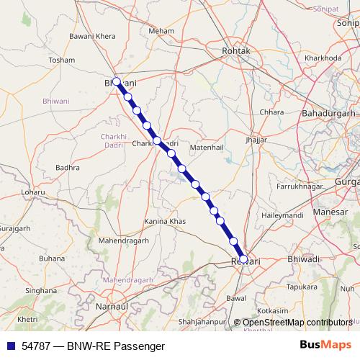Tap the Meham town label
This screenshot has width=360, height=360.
click(x=161, y=32)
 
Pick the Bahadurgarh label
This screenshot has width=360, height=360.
click(x=329, y=114)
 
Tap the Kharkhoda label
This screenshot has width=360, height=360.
click(x=323, y=58)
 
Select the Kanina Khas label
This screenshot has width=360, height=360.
click(x=165, y=221)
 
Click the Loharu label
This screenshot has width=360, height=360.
click(x=32, y=192)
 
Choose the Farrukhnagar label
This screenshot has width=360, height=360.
click(x=287, y=186)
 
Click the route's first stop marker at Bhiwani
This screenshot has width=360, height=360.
click(x=117, y=81)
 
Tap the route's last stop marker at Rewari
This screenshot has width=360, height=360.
click(x=243, y=259)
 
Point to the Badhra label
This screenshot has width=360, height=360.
click(x=67, y=167)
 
